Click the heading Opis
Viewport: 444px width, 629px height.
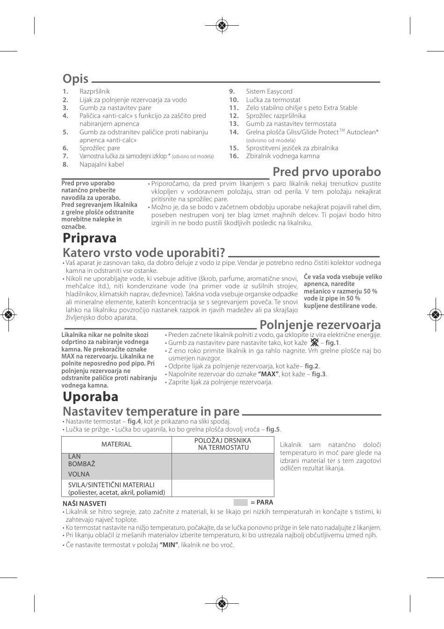76,79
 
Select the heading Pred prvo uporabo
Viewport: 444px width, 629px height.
327,172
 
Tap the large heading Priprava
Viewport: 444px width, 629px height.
90,238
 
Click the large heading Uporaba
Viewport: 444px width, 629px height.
91,396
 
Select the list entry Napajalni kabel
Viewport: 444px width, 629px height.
101,164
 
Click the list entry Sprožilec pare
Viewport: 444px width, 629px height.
100,148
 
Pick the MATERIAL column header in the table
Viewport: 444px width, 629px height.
116,444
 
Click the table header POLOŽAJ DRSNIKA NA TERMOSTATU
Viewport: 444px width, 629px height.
222,444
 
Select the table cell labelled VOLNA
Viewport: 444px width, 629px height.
79,474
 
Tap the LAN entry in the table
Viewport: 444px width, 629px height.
74,456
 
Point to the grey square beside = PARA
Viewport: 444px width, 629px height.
241,502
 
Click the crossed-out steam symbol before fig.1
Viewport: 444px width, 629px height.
314,343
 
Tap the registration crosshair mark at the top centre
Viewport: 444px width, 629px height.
222,26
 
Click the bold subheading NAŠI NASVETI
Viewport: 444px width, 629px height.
85,504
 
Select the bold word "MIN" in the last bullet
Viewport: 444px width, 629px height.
169,545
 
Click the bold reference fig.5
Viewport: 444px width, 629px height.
273,429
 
